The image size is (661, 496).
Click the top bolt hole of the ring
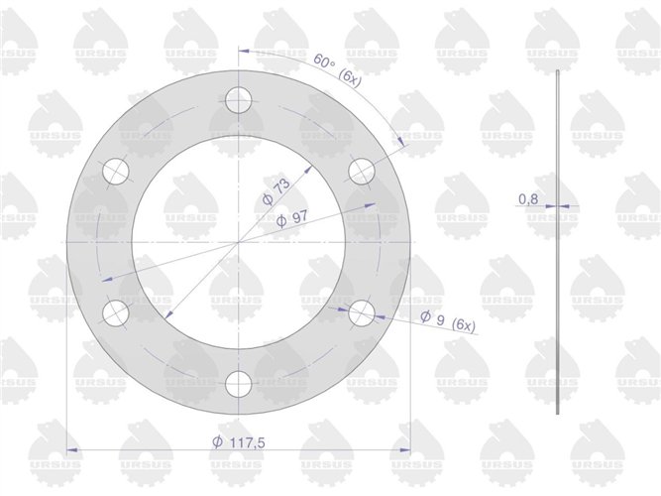point(239,99)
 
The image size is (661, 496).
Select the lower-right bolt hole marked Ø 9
point(362,313)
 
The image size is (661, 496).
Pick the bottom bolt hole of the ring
point(239,384)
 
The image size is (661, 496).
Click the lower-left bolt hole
point(116,313)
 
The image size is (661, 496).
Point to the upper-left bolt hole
point(116,171)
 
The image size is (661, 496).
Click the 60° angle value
point(323,62)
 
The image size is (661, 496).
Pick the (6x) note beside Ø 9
point(462,325)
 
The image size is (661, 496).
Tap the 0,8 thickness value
point(528,199)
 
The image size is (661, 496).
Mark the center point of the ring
point(239,241)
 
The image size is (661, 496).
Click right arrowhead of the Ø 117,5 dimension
point(406,450)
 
